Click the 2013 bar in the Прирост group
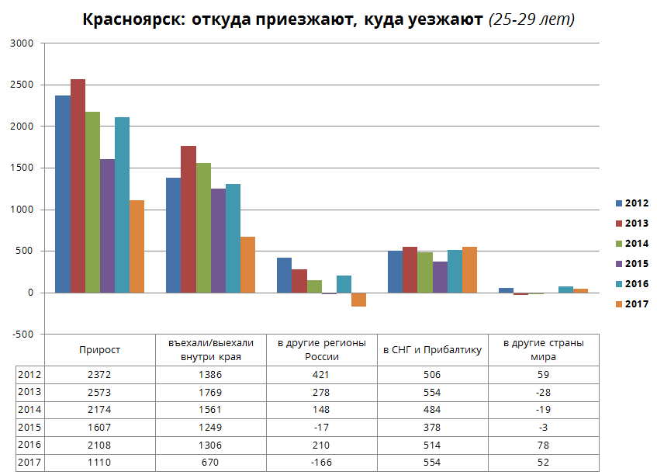coord(78,186)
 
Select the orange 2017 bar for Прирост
coord(137,247)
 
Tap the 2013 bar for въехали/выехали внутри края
coord(188,220)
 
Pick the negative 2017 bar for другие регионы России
coord(358,300)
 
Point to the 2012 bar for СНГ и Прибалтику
coord(396,272)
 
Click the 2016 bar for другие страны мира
coord(565,290)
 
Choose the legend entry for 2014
coord(631,244)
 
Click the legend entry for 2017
coord(631,304)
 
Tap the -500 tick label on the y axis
coord(22,335)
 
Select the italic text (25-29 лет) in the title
coord(531,19)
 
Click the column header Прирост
coord(100,350)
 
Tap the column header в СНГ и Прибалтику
coord(433,350)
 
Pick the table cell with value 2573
coord(100,391)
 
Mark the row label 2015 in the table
coord(29,427)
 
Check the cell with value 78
coord(542,445)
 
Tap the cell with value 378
coord(431,427)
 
